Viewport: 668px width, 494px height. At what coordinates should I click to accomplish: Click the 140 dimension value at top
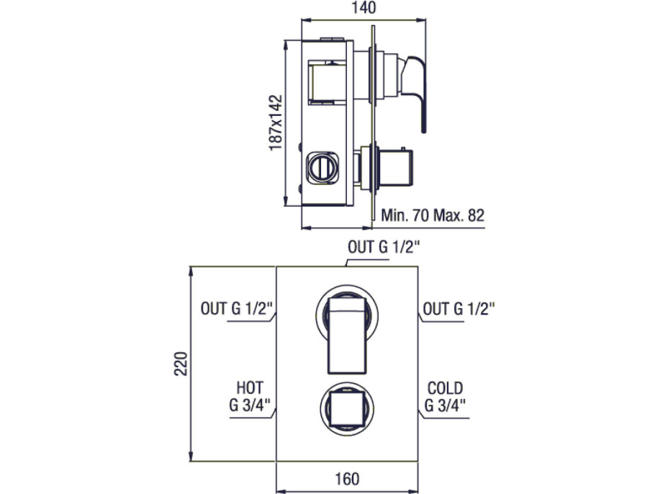pyautogui.click(x=364, y=8)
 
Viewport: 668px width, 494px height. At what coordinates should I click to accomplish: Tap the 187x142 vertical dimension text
pyautogui.click(x=276, y=122)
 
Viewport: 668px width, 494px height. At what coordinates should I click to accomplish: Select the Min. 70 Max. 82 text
pyautogui.click(x=433, y=215)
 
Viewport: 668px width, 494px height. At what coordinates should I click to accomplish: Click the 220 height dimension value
pyautogui.click(x=181, y=364)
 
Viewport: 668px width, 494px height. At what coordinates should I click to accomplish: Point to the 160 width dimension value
pyautogui.click(x=347, y=479)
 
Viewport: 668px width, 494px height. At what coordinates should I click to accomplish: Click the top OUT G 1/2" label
pyautogui.click(x=384, y=247)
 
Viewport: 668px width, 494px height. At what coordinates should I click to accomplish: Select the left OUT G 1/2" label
pyautogui.click(x=236, y=308)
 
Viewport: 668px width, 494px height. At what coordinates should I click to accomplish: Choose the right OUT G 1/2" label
pyautogui.click(x=459, y=309)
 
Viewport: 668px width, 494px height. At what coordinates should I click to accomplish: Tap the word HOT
pyautogui.click(x=250, y=388)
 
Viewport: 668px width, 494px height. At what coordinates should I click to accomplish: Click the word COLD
pyautogui.click(x=445, y=388)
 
